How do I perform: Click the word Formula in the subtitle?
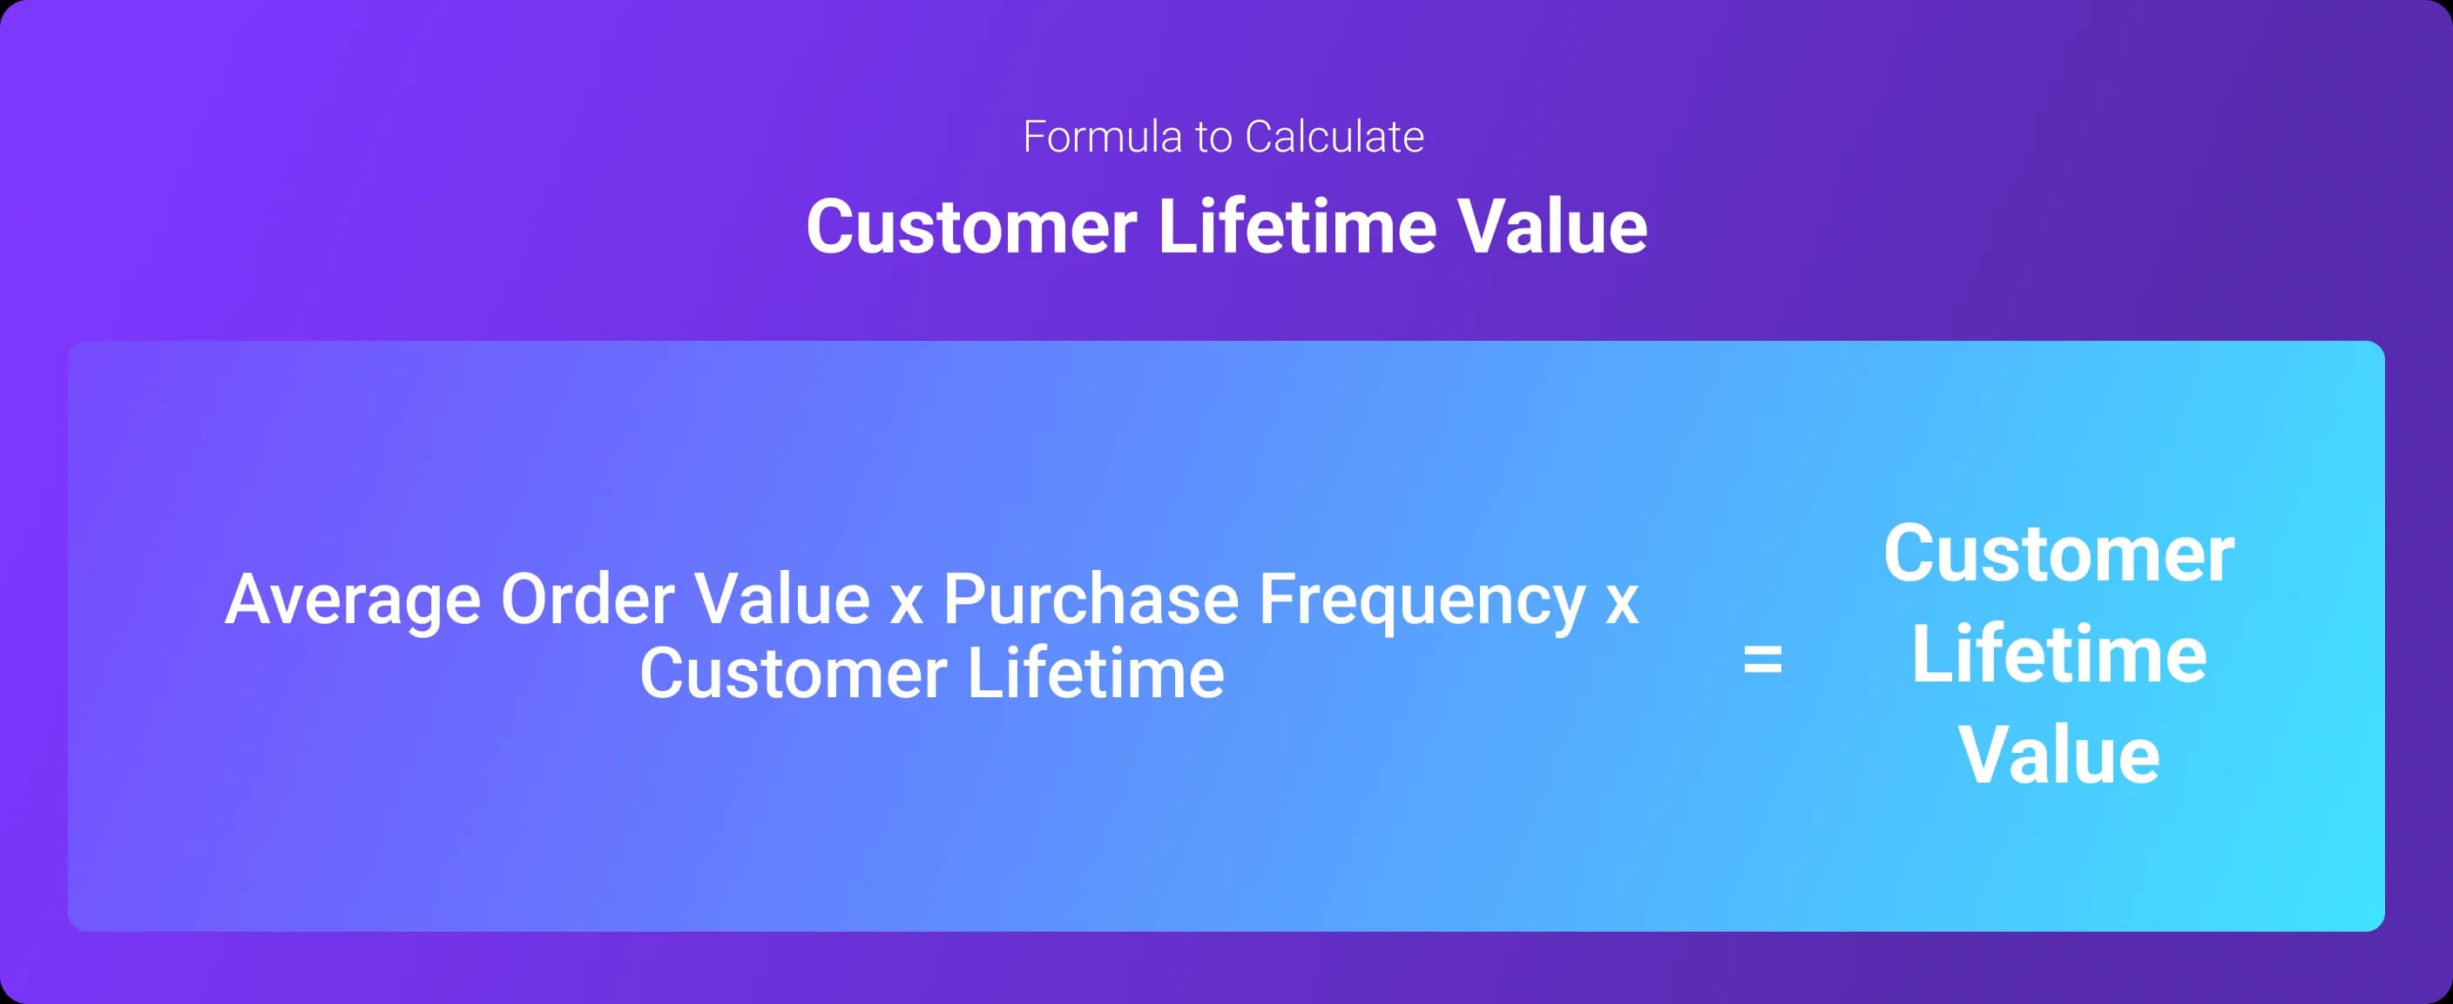1102,137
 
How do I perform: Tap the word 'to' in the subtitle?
1213,138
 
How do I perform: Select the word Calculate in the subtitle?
1335,137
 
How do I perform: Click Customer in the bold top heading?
971,227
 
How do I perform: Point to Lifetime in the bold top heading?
1296,227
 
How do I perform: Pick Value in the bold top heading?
1552,227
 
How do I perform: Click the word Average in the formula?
352,600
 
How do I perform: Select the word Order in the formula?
587,600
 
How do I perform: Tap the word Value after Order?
781,600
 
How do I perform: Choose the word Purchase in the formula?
1091,600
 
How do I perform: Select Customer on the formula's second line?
793,675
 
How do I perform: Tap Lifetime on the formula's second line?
1096,674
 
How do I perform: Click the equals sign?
1761,659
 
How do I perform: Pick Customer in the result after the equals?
2058,554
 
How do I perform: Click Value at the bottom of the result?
2058,756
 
